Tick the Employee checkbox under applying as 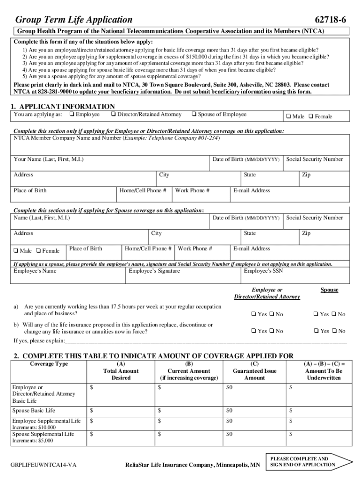(72, 114)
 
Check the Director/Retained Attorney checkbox (114, 114)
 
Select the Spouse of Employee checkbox (194, 114)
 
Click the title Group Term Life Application (74, 20)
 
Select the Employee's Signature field (183, 277)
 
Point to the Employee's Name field (69, 277)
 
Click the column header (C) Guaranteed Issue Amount (255, 371)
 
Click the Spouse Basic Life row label (34, 411)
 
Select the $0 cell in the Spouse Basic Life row (230, 411)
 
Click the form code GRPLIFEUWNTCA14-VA (43, 465)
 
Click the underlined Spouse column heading (329, 290)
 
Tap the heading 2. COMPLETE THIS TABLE (154, 356)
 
